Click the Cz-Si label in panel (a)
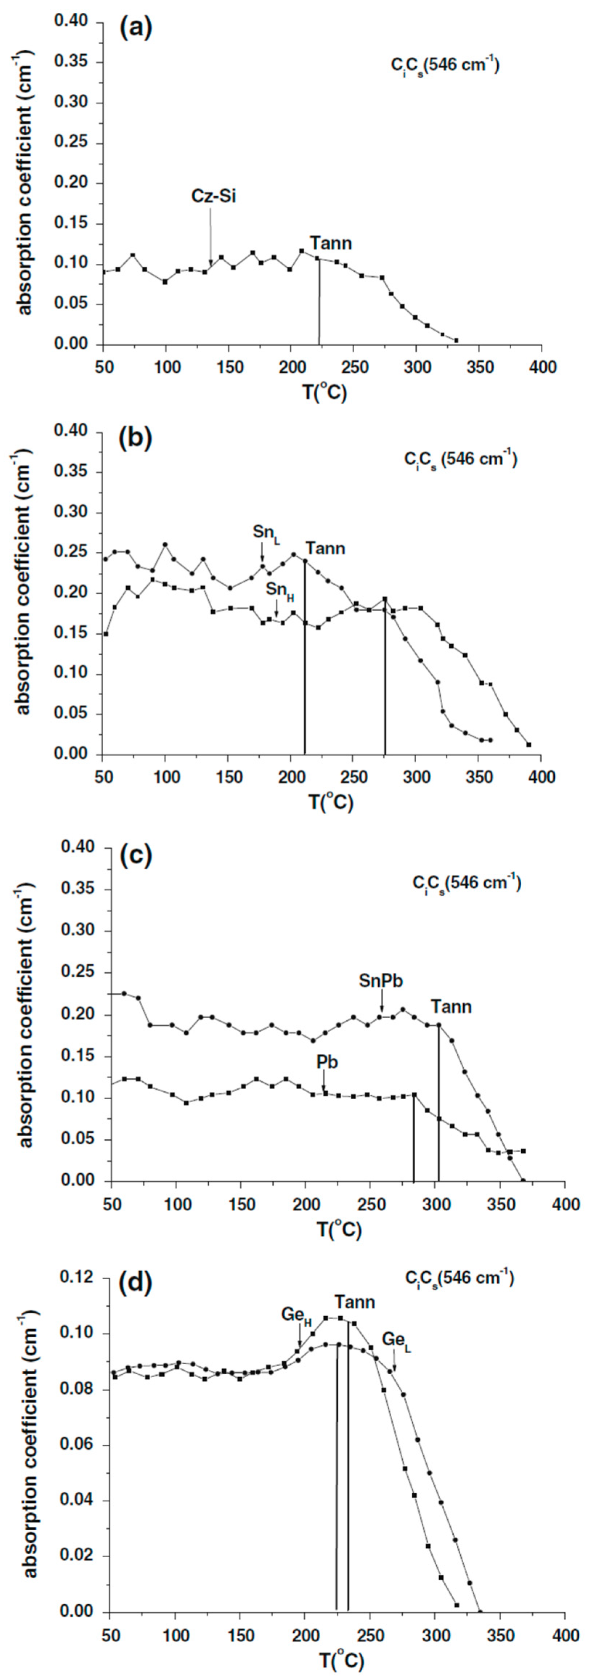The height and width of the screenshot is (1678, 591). pyautogui.click(x=213, y=196)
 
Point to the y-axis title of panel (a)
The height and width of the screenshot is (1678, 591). pyautogui.click(x=25, y=184)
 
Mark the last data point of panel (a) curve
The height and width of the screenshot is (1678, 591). pyautogui.click(x=456, y=340)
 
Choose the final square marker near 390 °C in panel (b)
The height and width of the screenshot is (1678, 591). pyautogui.click(x=529, y=744)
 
